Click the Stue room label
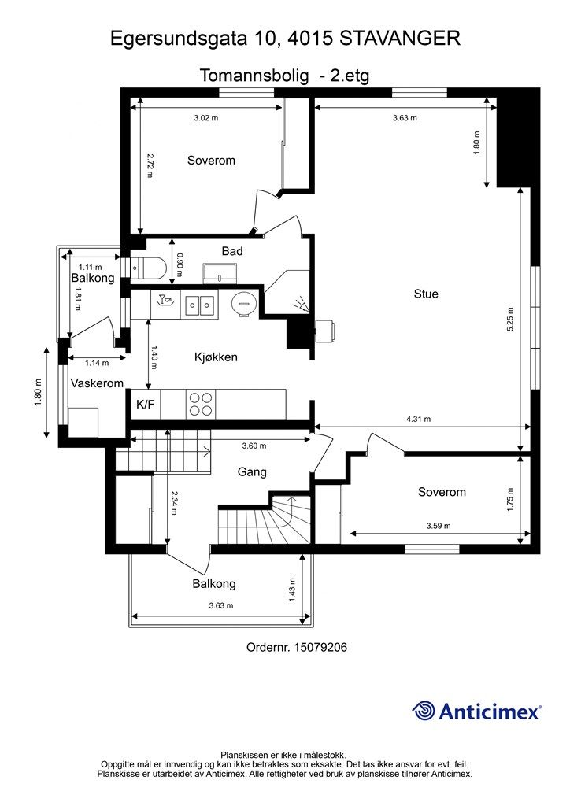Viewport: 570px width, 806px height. tap(426, 294)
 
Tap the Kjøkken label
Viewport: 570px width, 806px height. tap(216, 357)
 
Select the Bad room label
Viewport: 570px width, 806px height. tap(232, 252)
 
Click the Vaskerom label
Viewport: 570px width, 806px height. tap(98, 383)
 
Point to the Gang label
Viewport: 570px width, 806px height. tap(252, 473)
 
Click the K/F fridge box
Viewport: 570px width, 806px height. tap(146, 405)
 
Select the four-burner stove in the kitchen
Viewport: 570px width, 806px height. tap(200, 404)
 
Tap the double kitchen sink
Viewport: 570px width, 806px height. tap(200, 304)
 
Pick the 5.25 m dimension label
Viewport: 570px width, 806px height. tap(510, 316)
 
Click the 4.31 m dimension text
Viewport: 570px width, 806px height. tap(418, 420)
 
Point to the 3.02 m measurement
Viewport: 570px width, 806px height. tap(206, 118)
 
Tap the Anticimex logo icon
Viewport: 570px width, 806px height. tap(424, 711)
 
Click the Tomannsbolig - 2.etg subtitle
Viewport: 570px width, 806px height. tap(284, 76)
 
